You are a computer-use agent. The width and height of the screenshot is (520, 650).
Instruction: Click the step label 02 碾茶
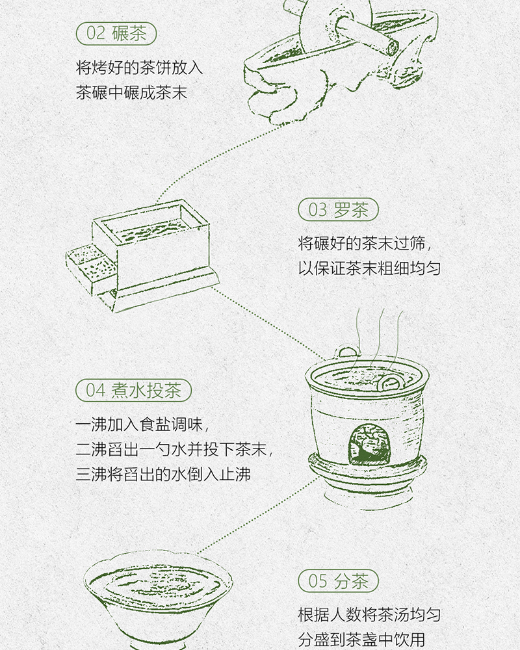point(116,34)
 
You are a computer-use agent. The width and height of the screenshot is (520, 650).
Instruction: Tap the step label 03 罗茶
point(339,209)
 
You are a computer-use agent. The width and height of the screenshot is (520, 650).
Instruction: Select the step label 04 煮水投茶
point(133,390)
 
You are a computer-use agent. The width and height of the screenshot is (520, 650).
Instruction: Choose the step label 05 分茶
point(339,580)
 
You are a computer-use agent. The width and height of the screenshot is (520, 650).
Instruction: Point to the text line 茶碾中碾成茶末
point(131,92)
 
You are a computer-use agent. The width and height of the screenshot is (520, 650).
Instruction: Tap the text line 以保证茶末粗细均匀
point(369,268)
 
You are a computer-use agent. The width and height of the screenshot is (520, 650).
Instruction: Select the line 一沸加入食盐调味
point(142,424)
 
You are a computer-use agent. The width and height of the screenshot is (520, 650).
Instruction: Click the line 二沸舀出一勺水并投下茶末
point(174,449)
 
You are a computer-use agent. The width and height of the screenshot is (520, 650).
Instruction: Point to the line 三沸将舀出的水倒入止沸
point(163,474)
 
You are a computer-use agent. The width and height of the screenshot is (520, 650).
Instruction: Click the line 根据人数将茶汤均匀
point(369,615)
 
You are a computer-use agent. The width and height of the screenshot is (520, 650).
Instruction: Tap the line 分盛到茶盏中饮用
point(361,640)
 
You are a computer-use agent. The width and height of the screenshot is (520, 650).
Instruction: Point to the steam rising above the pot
point(378,338)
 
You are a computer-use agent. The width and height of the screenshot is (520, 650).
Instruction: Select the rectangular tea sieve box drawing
point(143,255)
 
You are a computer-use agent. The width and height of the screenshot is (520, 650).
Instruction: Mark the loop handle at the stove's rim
point(348,352)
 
